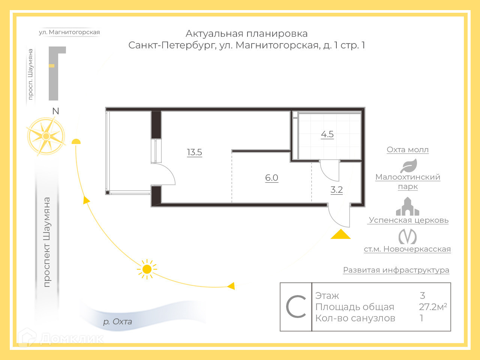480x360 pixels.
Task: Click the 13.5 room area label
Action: pos(194,152)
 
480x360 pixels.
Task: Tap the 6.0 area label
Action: pos(271,178)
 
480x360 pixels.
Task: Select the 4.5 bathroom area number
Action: pos(327,134)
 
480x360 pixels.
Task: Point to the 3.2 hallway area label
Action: pos(336,190)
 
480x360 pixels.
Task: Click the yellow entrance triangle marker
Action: pos(340,234)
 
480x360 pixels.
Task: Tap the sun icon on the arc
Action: pos(147,269)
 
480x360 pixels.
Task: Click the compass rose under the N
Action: pos(46,136)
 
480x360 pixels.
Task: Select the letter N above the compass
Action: pos(55,111)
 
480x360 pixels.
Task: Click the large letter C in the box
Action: pos(296,307)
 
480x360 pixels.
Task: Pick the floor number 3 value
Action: pos(423,295)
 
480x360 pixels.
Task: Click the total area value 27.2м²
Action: pos(433,307)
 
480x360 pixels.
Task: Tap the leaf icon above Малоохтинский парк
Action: pos(408,166)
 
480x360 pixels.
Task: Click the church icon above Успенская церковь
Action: pos(407,207)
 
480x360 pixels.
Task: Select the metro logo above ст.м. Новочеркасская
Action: pos(407,237)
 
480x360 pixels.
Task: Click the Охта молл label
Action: pos(408,150)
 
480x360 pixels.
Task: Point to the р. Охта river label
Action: pos(117,322)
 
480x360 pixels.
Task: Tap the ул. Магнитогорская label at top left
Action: pos(69,32)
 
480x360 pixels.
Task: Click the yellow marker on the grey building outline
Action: pos(52,66)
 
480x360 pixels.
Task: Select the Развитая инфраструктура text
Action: pos(396,270)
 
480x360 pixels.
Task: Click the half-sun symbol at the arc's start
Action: pos(76,142)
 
